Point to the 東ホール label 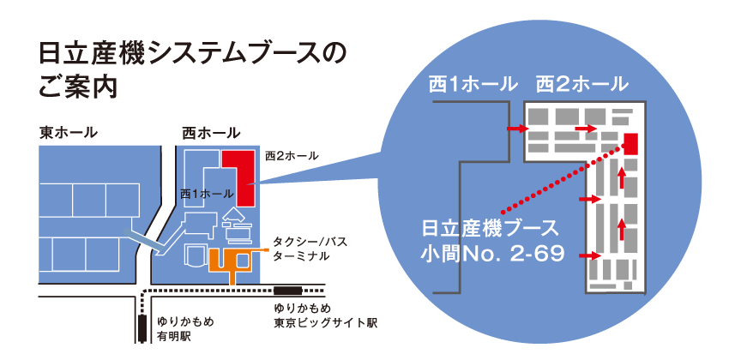tap(68, 133)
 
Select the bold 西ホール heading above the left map tap(211, 133)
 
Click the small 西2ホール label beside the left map tap(292, 156)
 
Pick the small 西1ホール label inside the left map tap(207, 194)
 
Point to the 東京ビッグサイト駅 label tap(325, 323)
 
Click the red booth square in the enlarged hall tap(630, 142)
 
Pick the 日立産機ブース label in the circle tap(490, 229)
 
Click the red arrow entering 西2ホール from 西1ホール tap(516, 129)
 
